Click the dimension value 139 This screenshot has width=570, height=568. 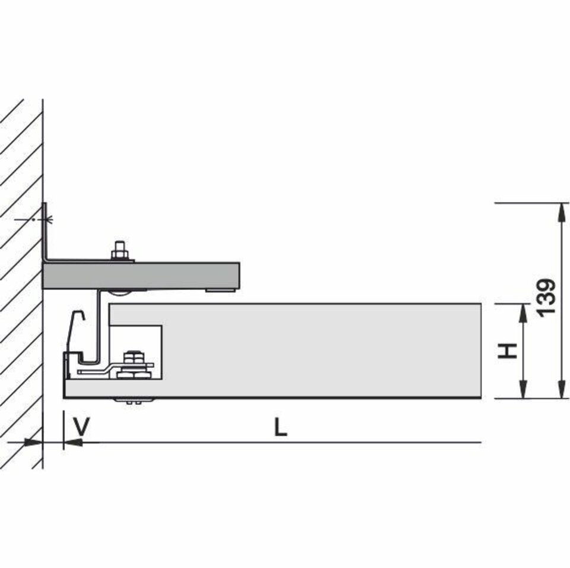(x=547, y=298)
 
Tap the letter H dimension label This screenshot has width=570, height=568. (x=507, y=351)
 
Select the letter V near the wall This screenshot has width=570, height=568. (x=81, y=427)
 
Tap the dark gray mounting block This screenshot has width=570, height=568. (x=141, y=276)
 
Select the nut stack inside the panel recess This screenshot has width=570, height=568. (x=133, y=365)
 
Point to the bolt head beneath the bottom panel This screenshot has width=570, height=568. (x=134, y=401)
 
